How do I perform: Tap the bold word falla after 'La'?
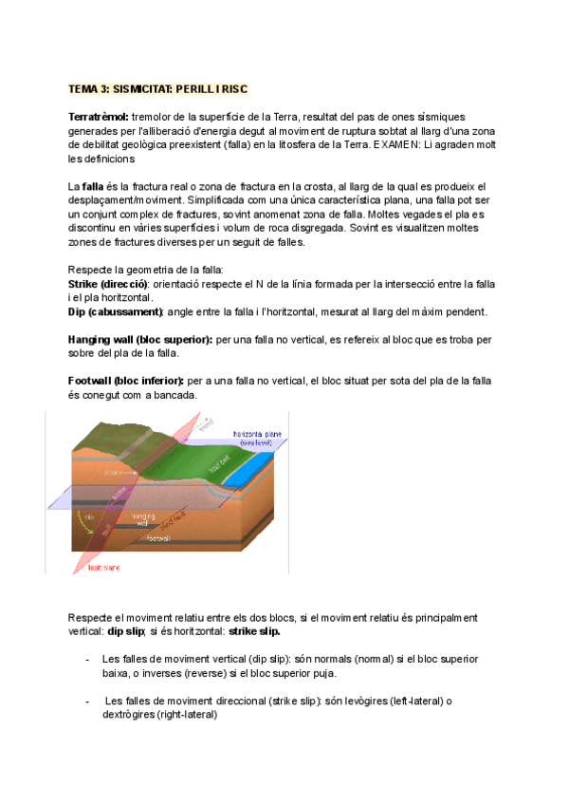93,186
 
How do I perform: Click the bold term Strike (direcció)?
108,284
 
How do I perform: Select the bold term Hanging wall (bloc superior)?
141,339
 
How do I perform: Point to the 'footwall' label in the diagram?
158,538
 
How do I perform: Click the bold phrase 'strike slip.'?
254,631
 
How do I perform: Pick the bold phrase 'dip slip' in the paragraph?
129,631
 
